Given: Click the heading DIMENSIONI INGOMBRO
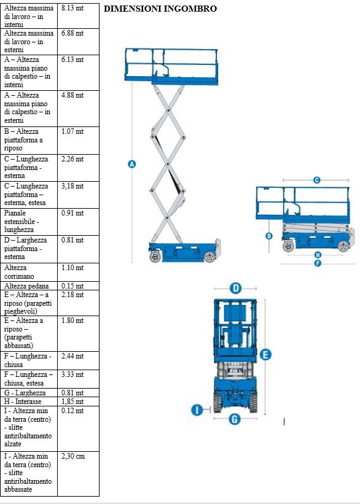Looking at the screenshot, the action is tap(160, 9).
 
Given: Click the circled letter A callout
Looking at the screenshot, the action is tap(132, 164).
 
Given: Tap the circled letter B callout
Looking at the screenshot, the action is tap(269, 236).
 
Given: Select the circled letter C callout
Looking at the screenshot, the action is tap(317, 180).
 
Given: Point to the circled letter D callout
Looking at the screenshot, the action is tap(235, 288).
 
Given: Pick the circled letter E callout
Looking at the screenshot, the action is tap(265, 355).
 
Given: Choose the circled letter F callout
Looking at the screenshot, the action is tap(318, 263).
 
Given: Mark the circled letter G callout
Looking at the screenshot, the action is tap(235, 419).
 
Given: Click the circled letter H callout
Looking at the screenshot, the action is tap(318, 255).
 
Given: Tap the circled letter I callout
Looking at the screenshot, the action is tap(197, 410).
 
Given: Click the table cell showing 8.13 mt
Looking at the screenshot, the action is tap(72, 8).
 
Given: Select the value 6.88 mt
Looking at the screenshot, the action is tap(72, 33).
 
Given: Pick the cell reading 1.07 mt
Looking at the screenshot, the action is tap(72, 131).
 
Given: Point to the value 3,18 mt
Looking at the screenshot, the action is tap(72, 186).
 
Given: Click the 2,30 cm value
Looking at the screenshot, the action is tap(73, 456).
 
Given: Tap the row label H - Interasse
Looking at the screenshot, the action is tap(23, 401).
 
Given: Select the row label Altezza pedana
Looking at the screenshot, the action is tap(26, 286).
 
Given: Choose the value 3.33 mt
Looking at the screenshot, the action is tap(72, 374).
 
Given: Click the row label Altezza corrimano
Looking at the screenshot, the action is tap(19, 272).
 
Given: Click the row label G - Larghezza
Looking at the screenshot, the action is tap(25, 393).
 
